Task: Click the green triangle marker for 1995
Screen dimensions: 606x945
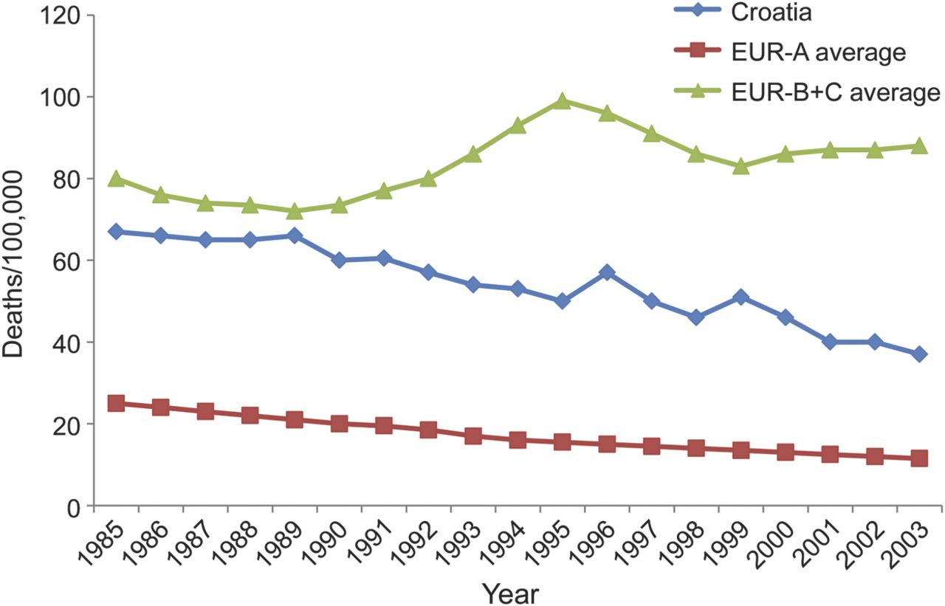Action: coord(562,101)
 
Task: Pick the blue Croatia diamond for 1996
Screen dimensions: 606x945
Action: coord(606,273)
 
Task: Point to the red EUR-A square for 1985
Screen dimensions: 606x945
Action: coord(116,403)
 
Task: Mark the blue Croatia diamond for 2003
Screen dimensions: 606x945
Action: coord(918,354)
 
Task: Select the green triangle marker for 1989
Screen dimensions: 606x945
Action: coord(295,211)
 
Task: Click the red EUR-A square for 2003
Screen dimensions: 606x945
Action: coord(918,458)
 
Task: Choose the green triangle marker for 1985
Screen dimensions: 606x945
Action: coord(116,179)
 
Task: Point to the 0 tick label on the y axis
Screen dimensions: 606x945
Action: coord(72,507)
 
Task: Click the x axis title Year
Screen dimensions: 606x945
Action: coord(511,592)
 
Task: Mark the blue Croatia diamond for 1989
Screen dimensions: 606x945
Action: coord(295,236)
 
